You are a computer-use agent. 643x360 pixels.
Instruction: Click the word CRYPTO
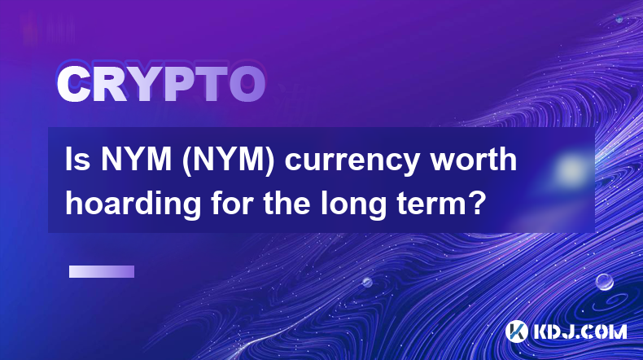coord(161,84)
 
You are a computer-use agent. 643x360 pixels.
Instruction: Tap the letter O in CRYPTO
coord(247,84)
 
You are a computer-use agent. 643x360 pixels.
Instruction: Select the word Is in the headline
coord(77,160)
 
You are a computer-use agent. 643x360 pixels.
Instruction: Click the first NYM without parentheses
coord(137,160)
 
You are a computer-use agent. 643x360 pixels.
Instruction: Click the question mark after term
coord(475,203)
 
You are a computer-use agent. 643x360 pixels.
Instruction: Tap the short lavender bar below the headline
coord(102,271)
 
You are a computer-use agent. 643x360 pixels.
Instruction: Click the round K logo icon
coord(517,331)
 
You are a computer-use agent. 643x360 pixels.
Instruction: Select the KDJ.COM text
coord(580,331)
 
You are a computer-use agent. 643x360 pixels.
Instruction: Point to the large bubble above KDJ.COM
coord(605,282)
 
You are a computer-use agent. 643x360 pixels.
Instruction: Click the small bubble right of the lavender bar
coord(367,282)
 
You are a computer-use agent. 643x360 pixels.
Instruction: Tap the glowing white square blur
coord(571,169)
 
